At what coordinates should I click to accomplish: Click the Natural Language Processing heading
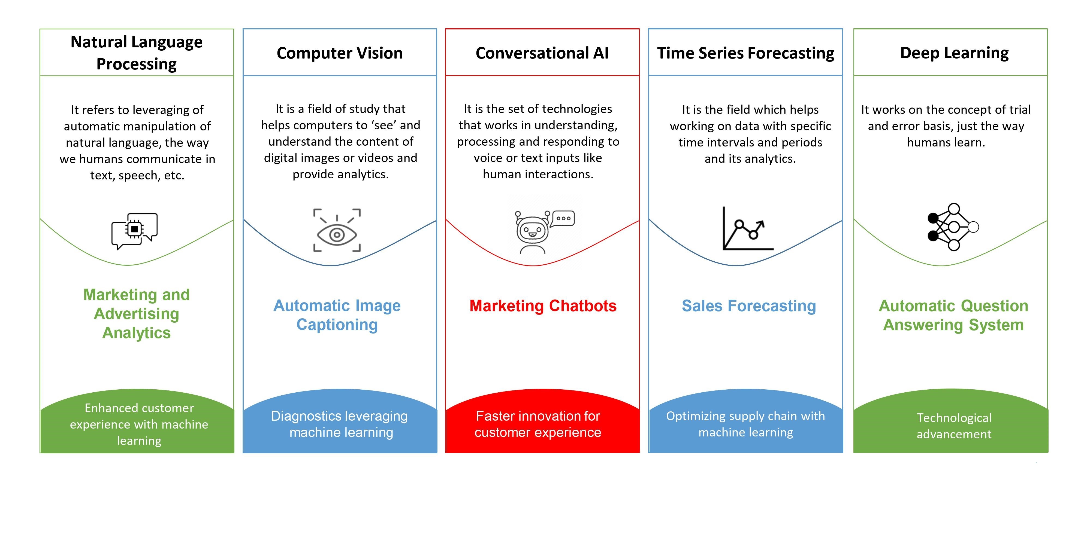tap(136, 53)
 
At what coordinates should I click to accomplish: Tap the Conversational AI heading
tap(542, 53)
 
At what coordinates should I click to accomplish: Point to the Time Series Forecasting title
tap(745, 53)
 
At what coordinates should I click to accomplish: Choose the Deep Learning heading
tap(954, 53)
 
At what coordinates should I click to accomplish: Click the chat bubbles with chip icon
tap(135, 231)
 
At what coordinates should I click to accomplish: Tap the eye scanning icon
tap(337, 230)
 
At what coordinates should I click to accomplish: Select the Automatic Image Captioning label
tap(337, 315)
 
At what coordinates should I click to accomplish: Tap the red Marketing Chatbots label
tap(543, 305)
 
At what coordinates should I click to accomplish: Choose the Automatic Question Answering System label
tap(953, 315)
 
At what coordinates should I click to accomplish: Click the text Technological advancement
tap(954, 426)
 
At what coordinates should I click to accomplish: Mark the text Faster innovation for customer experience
tap(538, 424)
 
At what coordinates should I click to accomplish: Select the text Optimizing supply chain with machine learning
tap(745, 424)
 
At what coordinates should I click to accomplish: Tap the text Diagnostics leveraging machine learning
tap(339, 424)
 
